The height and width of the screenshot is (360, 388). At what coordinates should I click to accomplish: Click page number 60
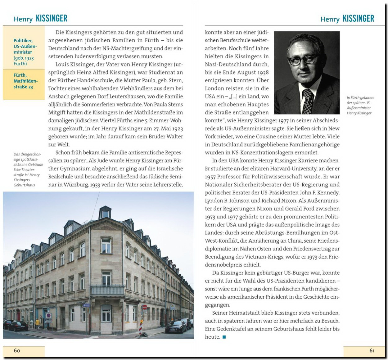[x=17, y=350]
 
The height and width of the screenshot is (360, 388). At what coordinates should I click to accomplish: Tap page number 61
[x=372, y=350]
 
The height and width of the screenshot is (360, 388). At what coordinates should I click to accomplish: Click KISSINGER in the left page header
[x=52, y=19]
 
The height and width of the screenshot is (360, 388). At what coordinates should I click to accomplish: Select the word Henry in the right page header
[x=330, y=19]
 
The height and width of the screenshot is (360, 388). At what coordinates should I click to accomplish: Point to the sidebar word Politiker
[x=23, y=41]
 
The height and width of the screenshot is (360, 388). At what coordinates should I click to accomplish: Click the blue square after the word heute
[x=224, y=337]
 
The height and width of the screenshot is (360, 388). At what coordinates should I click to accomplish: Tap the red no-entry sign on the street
[x=144, y=307]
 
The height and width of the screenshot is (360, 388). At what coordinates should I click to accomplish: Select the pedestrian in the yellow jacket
[x=38, y=324]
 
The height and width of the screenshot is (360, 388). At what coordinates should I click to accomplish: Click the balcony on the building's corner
[x=107, y=290]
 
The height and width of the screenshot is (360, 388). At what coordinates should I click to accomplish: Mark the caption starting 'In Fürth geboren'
[x=360, y=105]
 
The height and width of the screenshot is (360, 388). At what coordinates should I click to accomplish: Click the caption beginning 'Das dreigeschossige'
[x=28, y=169]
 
